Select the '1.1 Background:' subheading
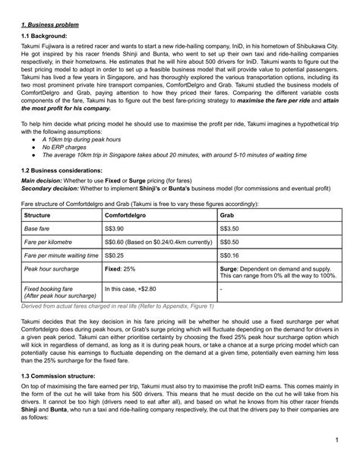pyautogui.click(x=45, y=35)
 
